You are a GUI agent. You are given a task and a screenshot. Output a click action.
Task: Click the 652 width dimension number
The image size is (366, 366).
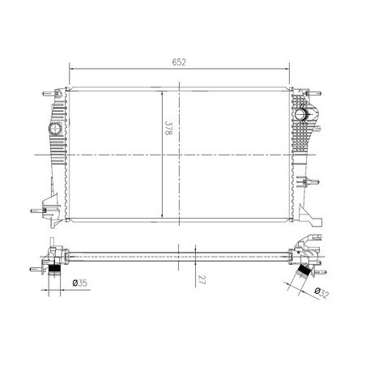[x=179, y=62]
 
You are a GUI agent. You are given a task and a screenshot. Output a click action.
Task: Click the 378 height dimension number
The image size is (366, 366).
[x=168, y=128]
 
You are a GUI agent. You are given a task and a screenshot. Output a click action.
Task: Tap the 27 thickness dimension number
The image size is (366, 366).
[x=202, y=279]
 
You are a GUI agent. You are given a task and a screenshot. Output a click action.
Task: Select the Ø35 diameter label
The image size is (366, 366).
[x=80, y=283]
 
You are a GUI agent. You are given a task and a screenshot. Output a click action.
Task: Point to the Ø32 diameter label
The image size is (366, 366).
[x=321, y=293]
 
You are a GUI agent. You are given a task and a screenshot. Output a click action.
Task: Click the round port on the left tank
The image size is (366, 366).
[x=55, y=129]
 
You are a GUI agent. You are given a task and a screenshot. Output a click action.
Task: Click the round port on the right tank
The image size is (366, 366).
[x=300, y=114]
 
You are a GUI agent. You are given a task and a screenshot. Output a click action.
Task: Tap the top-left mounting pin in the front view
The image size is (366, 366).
[x=49, y=94]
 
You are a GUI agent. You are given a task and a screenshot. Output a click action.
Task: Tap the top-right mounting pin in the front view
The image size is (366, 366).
[x=315, y=94]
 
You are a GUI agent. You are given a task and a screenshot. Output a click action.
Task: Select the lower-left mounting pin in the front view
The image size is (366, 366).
[x=36, y=211]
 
